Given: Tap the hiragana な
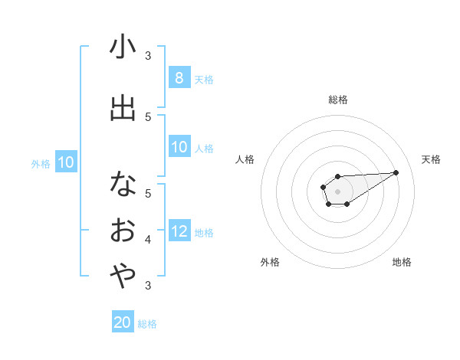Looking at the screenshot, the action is pos(123,184).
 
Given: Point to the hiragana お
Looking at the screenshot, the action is pos(123,230).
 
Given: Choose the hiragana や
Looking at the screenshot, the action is pos(123,276).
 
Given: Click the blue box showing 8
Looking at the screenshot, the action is pos(179,78).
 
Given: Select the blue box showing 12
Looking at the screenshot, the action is pos(179,232).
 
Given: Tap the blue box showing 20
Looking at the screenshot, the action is pos(123,322).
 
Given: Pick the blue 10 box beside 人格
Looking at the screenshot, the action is pos(179,148).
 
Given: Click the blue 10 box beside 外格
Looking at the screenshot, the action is pos(65,162).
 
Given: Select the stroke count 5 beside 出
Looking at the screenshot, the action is pos(148,117).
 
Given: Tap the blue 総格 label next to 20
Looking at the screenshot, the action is pos(147,324).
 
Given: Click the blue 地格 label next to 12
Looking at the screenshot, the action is pos(204,233).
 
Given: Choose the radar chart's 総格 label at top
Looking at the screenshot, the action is pos(337,100).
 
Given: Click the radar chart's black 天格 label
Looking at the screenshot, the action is pos(431,159).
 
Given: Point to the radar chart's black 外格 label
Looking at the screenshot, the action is pos(270,262).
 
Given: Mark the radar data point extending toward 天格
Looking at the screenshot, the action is pos(396,172).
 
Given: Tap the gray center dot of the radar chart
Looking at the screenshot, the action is pos(337,191).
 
